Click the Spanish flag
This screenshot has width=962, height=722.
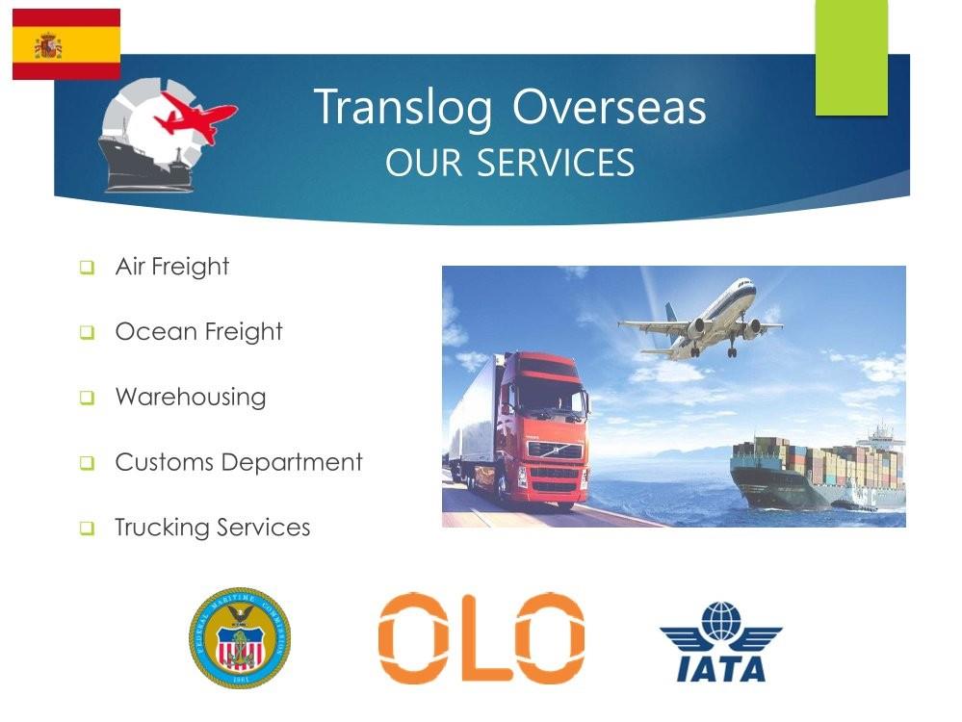(x=66, y=44)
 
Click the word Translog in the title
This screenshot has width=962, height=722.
(x=403, y=108)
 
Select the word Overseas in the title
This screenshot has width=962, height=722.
(x=610, y=107)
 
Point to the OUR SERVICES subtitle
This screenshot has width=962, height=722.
(x=509, y=163)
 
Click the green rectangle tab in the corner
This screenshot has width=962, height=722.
(x=851, y=58)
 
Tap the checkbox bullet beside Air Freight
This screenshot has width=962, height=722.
(x=87, y=268)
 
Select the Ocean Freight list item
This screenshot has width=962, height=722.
(x=198, y=332)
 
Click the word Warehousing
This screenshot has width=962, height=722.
(x=191, y=397)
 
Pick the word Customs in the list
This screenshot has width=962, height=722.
(x=164, y=462)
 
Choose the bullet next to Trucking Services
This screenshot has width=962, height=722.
(x=87, y=529)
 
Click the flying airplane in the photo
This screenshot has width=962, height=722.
(x=700, y=321)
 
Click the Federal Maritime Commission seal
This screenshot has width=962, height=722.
(x=240, y=637)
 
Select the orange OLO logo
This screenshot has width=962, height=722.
(x=481, y=637)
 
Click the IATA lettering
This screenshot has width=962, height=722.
(x=721, y=668)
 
